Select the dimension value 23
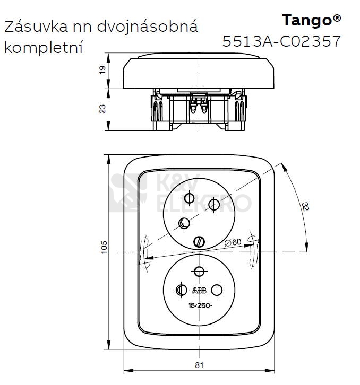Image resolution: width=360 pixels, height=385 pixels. [x=102, y=108]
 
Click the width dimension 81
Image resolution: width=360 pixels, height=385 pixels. [x=199, y=365]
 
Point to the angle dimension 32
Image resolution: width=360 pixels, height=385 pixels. [x=304, y=206]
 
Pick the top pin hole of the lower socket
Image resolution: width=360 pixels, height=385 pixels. [x=199, y=272]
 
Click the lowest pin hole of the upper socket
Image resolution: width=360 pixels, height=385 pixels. [x=184, y=223]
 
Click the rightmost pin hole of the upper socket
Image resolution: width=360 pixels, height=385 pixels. [x=214, y=204]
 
